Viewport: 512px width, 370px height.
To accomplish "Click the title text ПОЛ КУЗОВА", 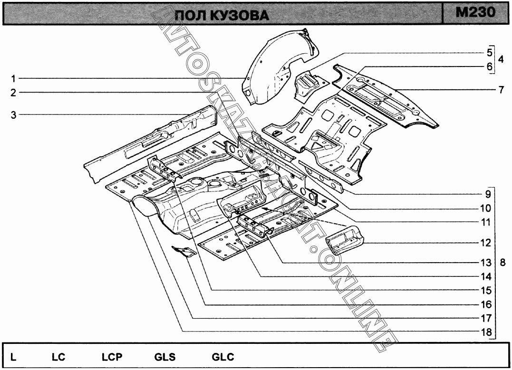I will (x=222, y=15).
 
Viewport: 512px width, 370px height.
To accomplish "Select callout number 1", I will (x=14, y=78).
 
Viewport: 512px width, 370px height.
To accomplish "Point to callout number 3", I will (x=14, y=114).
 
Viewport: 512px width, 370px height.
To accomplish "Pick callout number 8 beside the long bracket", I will (x=502, y=262).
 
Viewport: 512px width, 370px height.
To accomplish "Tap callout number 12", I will (x=485, y=243).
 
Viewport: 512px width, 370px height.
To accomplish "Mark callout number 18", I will (x=485, y=332).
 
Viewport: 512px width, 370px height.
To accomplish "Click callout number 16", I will (x=485, y=304).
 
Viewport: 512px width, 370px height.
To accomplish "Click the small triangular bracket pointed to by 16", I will (x=184, y=251).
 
